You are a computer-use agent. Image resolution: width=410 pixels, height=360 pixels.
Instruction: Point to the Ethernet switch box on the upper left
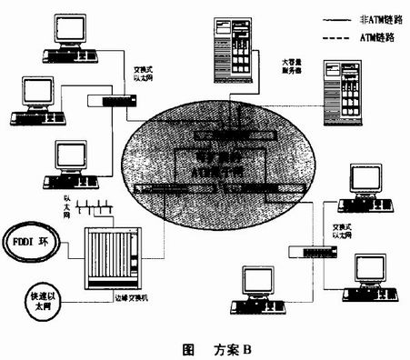click(106, 101)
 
